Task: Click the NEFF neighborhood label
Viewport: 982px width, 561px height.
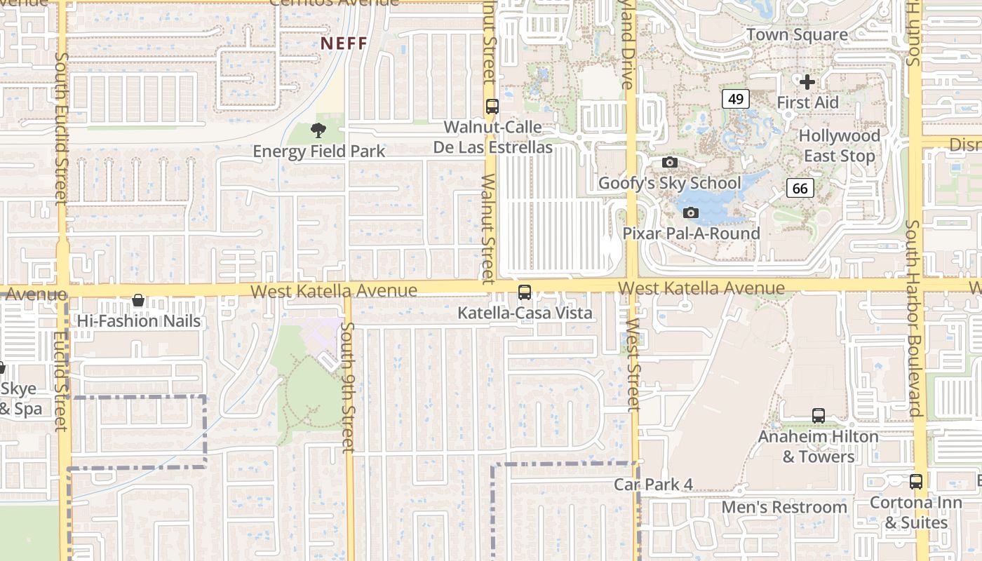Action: point(344,43)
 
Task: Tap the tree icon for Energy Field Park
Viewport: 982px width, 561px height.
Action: point(318,130)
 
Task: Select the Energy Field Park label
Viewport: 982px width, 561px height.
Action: point(318,151)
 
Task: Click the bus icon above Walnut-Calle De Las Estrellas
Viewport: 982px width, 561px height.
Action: point(492,107)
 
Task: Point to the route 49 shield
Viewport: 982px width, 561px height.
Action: point(735,99)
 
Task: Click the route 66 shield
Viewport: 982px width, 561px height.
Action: point(800,188)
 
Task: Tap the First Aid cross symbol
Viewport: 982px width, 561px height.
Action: point(807,82)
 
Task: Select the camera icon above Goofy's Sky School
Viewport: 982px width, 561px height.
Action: point(670,163)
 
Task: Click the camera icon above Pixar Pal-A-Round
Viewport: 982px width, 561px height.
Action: point(691,212)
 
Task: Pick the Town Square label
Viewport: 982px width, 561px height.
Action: point(797,34)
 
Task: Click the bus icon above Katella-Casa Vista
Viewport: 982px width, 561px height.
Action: point(524,292)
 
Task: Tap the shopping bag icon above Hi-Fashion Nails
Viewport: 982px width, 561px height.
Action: point(138,301)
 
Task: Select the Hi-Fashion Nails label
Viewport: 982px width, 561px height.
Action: point(139,321)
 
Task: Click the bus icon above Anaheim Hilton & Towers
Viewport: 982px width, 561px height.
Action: point(818,416)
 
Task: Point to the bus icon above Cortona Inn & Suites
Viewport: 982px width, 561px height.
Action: point(915,482)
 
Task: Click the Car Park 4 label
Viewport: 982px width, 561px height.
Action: point(653,485)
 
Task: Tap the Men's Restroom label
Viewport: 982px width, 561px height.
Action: point(784,507)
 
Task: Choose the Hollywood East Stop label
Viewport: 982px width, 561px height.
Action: point(839,146)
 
